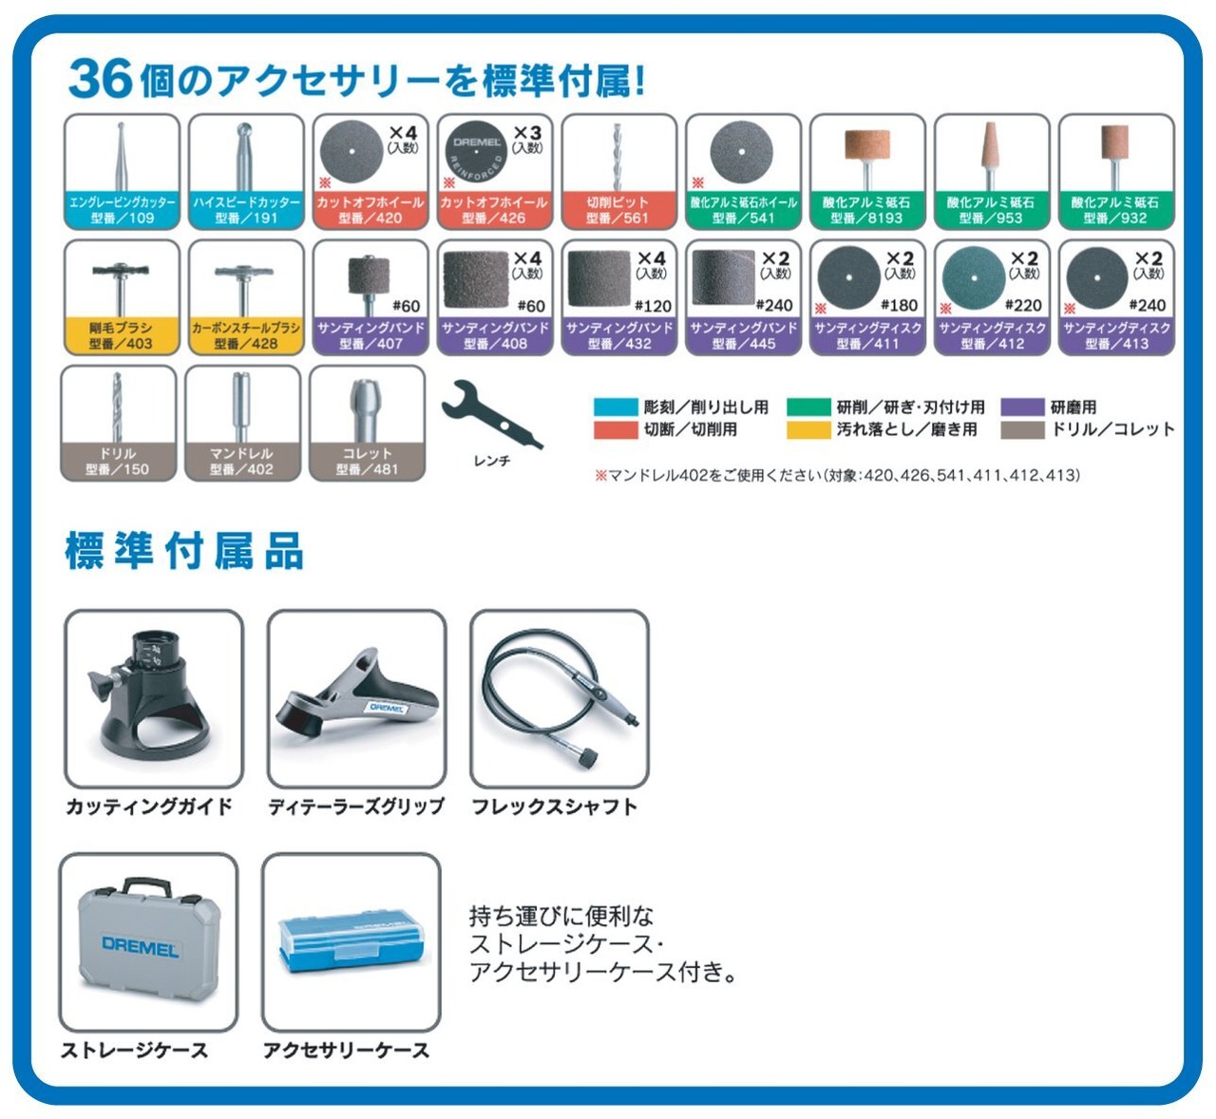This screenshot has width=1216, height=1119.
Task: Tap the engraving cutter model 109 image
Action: coord(122,156)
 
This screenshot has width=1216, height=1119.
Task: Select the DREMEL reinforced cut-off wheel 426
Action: coord(477,152)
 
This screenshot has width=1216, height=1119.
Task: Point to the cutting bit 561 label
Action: coord(618,210)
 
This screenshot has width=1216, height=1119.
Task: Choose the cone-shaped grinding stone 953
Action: coord(991,154)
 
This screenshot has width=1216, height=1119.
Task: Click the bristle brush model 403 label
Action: coord(122,335)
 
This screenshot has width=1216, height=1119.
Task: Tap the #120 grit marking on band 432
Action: coord(653,306)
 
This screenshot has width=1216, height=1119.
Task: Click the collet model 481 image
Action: coord(367,406)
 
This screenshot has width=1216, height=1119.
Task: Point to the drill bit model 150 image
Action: coord(118,406)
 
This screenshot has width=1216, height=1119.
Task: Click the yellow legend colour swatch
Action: coord(807,430)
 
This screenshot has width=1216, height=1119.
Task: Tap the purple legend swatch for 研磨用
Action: coord(1023,408)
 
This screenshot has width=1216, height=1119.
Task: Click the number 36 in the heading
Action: coord(100,78)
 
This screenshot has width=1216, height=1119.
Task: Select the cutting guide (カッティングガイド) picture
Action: coord(154,696)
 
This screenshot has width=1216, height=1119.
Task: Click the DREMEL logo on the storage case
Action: coord(140,946)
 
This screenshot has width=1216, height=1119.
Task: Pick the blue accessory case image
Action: coord(351,940)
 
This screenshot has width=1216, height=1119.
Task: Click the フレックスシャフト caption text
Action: coord(554,806)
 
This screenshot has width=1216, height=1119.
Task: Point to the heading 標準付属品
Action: coord(184,551)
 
